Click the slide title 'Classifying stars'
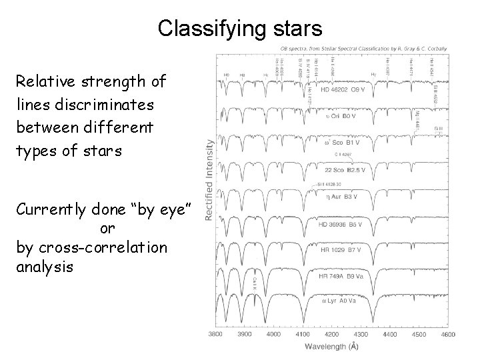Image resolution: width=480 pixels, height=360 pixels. coord(240,28)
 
